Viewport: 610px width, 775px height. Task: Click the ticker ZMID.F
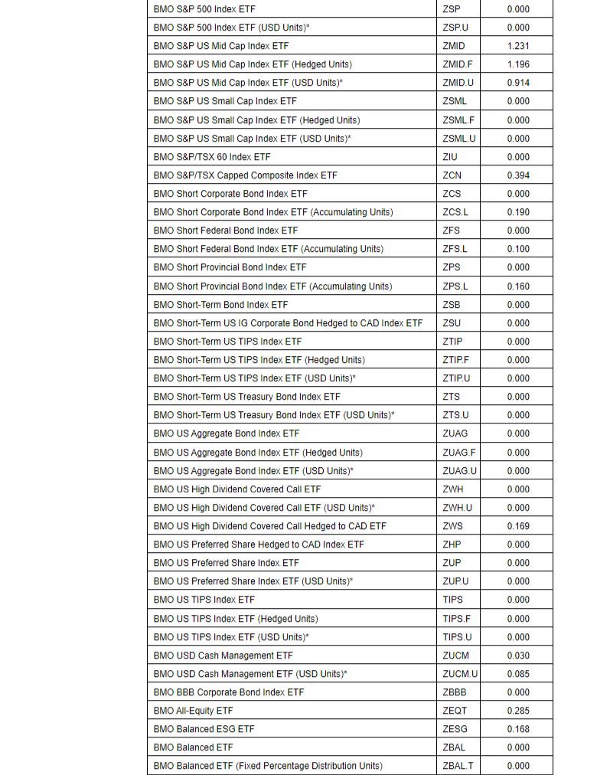pos(457,64)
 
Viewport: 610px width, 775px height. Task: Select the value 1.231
pos(518,46)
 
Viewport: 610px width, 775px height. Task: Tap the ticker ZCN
pos(452,175)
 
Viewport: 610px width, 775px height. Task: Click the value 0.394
pos(518,175)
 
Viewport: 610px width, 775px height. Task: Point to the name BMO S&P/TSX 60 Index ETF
pos(212,157)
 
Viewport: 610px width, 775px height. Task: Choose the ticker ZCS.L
pos(455,212)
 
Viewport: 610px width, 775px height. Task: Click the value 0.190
pos(518,212)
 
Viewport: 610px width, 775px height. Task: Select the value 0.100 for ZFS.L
pos(518,249)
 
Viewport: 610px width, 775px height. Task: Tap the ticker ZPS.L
pos(455,286)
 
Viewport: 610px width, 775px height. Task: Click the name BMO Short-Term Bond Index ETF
pos(220,305)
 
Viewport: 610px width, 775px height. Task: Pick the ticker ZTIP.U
pos(456,378)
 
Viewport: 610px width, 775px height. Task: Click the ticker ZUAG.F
pos(459,453)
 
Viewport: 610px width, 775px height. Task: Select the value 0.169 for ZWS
pos(518,526)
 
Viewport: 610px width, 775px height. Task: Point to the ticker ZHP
pos(452,544)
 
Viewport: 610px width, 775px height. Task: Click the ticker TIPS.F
pos(455,619)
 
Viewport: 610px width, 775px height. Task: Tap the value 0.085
pos(518,674)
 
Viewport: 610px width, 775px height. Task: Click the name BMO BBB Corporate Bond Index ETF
pos(229,692)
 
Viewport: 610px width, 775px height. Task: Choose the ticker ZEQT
pos(455,711)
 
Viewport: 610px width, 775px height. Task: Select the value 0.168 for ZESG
pos(518,729)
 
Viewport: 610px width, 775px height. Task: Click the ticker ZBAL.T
pos(458,766)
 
